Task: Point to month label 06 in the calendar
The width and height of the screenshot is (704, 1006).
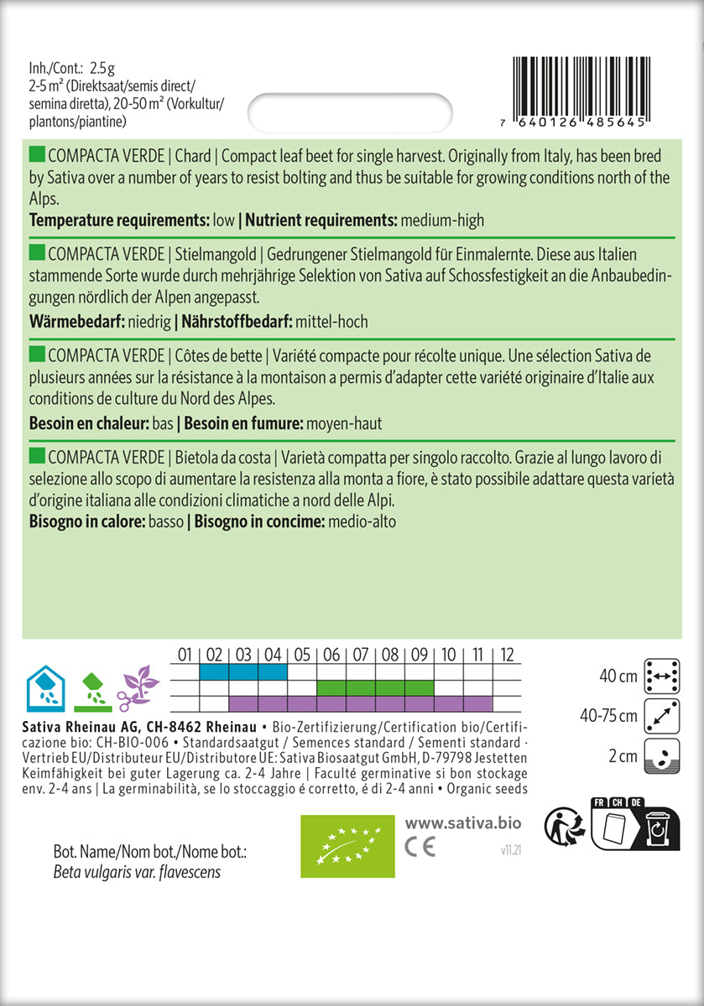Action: pos(331,653)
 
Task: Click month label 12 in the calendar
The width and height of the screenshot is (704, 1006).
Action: pos(505,653)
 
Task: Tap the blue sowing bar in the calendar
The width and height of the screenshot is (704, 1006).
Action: pos(243,672)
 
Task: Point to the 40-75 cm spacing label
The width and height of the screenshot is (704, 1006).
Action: pos(608,717)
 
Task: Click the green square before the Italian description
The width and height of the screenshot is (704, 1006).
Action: pos(37,455)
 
